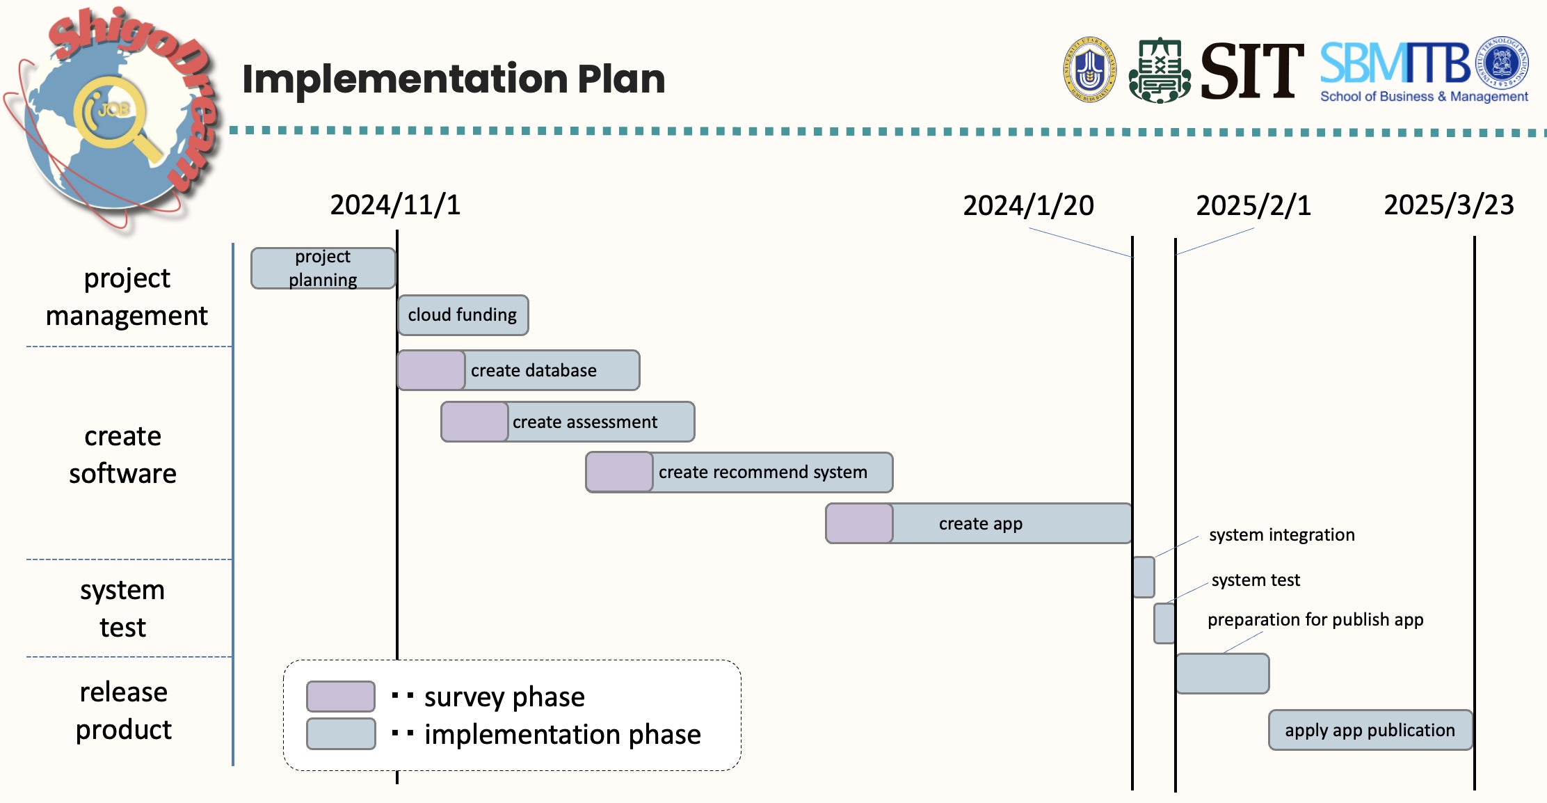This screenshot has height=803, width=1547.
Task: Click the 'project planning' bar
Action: point(323,268)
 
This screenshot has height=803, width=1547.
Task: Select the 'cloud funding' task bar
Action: point(463,315)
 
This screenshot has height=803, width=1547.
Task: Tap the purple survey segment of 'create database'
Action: point(431,370)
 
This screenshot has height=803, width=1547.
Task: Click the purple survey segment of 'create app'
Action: point(859,523)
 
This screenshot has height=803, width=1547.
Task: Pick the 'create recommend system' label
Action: point(763,472)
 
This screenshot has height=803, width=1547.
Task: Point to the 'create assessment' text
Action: point(585,422)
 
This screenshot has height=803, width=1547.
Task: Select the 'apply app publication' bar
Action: point(1370,730)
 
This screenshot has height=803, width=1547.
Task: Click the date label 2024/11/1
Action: point(395,205)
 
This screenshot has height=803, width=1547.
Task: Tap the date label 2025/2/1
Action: point(1253,206)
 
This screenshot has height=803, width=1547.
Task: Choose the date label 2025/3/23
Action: point(1449,205)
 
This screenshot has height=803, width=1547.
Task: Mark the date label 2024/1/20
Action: point(1028,206)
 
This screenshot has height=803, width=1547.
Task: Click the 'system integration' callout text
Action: point(1282,534)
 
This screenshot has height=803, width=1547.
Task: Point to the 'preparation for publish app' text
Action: point(1315,619)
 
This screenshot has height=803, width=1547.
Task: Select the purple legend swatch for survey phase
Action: point(341,697)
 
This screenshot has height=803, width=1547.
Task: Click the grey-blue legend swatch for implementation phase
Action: point(341,733)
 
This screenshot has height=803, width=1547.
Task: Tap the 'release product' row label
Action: point(123,710)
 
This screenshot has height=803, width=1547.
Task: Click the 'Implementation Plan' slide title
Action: point(454,79)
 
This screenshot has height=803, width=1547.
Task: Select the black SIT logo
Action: point(1252,70)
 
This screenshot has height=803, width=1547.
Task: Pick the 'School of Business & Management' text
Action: point(1424,97)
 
